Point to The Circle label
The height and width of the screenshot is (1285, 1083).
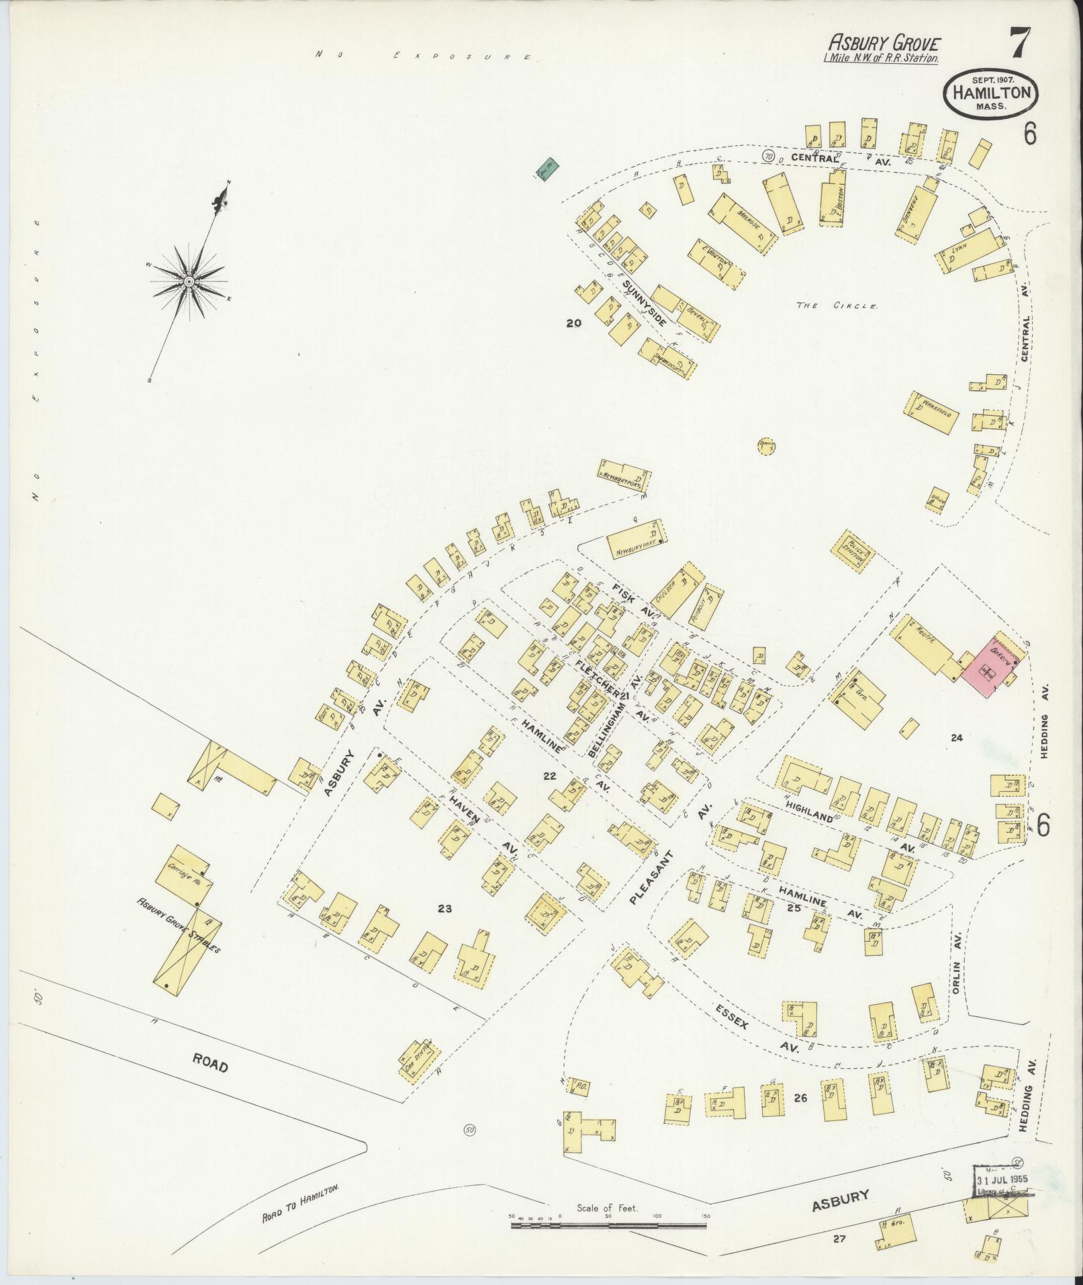tap(837, 306)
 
